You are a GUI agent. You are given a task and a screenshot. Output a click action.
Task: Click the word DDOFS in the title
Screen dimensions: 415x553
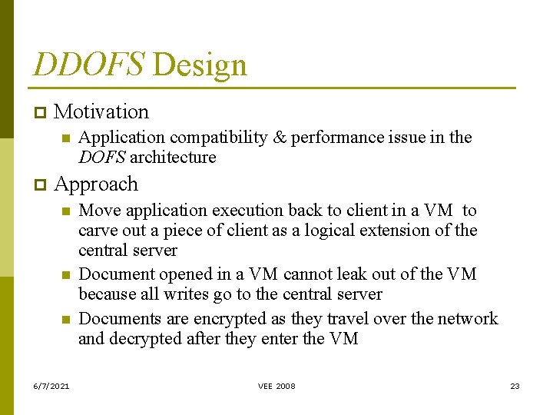(x=88, y=65)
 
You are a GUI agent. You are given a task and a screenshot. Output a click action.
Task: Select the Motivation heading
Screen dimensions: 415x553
(x=101, y=111)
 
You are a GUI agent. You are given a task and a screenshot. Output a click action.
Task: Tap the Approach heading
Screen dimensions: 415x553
(x=96, y=184)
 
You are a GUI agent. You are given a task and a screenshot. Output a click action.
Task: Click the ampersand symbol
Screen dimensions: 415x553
(x=280, y=138)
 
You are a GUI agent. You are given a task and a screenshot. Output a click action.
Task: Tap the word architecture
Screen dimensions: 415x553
(x=173, y=158)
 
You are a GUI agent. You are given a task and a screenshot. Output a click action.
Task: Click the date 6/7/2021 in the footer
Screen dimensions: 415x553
(x=52, y=386)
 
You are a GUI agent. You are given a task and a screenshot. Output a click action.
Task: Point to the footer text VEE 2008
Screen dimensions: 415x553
(x=276, y=386)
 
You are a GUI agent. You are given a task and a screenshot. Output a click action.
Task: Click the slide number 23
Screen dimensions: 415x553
(x=515, y=386)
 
